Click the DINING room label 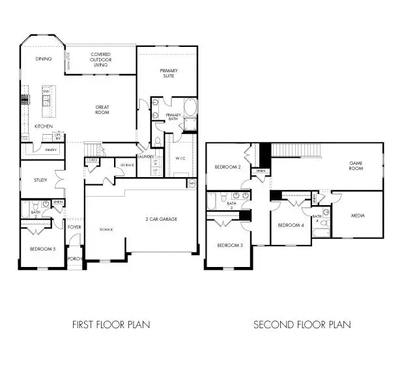(44, 59)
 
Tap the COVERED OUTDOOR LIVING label (100, 60)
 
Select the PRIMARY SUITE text (168, 73)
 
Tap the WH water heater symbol (192, 184)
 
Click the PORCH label (74, 258)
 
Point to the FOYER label (74, 227)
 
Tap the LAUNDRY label (145, 156)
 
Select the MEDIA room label (358, 216)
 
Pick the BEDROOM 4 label (291, 225)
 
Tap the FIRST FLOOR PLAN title (110, 324)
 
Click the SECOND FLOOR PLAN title (302, 324)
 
